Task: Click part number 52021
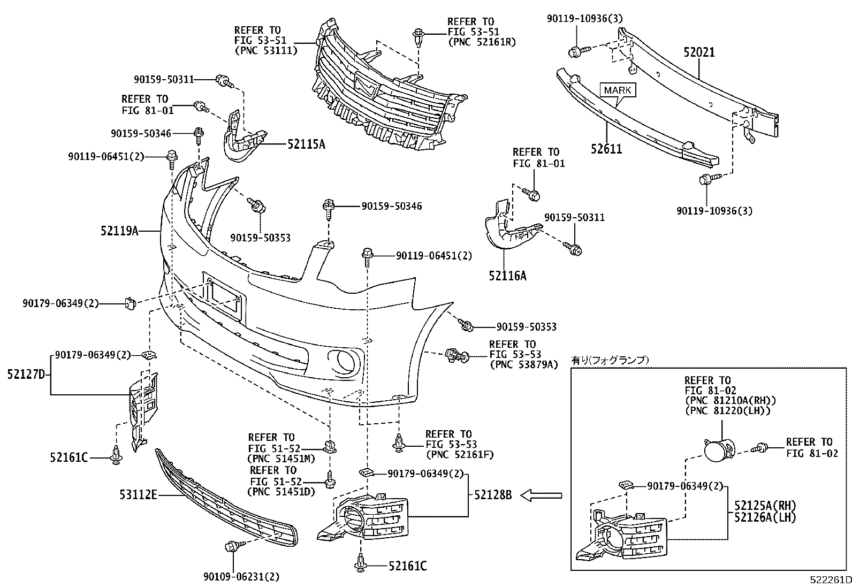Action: click(698, 52)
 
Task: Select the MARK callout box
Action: click(618, 90)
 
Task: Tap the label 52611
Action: click(606, 149)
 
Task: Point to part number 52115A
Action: click(306, 144)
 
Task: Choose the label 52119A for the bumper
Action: click(119, 231)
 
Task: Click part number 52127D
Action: click(26, 375)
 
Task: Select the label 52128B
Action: click(492, 495)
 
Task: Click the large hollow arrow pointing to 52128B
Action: click(541, 496)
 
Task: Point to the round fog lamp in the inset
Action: click(717, 449)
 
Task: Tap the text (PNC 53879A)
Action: click(523, 364)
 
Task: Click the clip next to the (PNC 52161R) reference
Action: click(418, 37)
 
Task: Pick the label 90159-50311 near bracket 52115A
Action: click(164, 80)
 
